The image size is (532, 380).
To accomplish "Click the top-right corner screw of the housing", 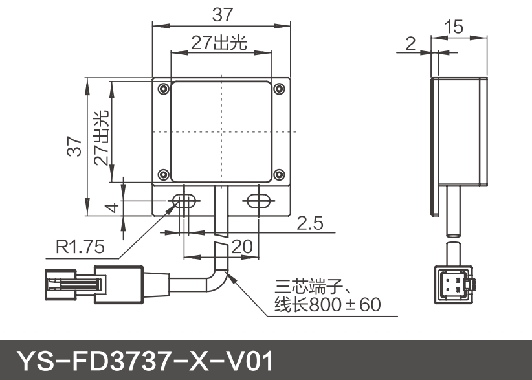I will coord(279,88).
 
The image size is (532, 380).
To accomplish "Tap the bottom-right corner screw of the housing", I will coord(279,174).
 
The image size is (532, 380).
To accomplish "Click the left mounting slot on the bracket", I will coord(184,200).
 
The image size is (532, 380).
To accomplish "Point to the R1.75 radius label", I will coord(80,247).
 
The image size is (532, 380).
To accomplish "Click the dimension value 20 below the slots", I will coord(241,246).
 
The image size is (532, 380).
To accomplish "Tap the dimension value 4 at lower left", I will coord(111,208).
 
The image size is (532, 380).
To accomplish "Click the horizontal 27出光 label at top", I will coord(219,42).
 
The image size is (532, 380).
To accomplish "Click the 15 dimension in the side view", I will coord(455,27).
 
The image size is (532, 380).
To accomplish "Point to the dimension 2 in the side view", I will coord(409,43).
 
